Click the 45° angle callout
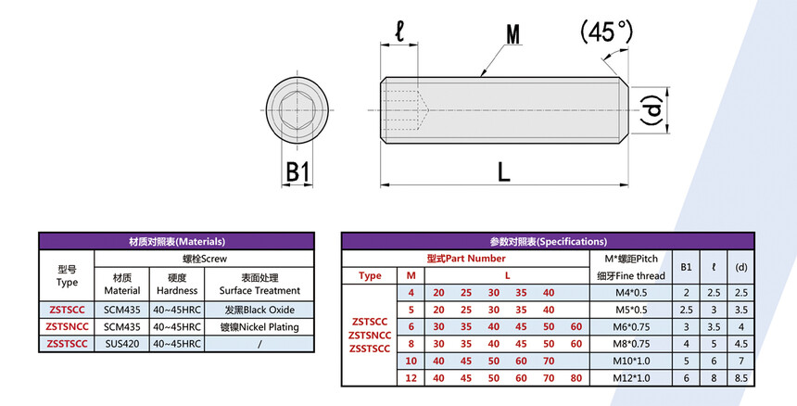[607, 32]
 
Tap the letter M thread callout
[512, 35]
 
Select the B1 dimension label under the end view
[297, 172]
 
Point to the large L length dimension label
[503, 172]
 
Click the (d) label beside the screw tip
[652, 109]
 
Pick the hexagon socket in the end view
[297, 110]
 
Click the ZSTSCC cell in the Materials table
[67, 310]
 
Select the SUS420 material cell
[122, 344]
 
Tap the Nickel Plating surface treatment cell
[259, 326]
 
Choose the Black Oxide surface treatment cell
[259, 310]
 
